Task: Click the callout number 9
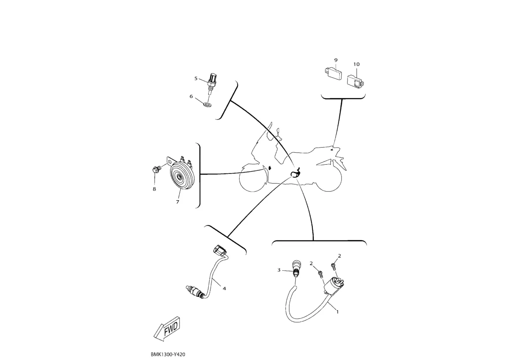(x=336, y=60)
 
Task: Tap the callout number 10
(x=356, y=64)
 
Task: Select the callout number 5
(x=196, y=78)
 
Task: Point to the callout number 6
(x=191, y=96)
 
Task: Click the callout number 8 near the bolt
(x=154, y=189)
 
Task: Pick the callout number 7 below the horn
(x=178, y=202)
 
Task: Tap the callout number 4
(x=224, y=288)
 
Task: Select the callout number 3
(x=279, y=270)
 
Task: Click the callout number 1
(x=337, y=312)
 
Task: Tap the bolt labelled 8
(x=156, y=169)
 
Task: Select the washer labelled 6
(x=208, y=104)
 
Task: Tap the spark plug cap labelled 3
(x=296, y=268)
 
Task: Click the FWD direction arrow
(x=167, y=329)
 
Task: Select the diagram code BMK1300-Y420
(x=168, y=355)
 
